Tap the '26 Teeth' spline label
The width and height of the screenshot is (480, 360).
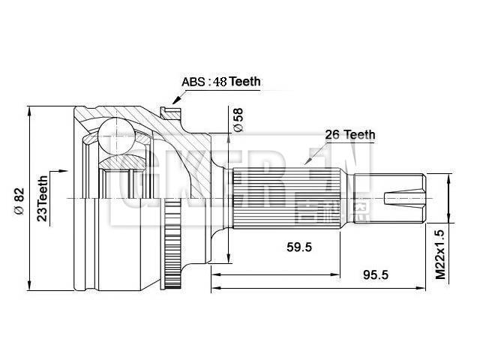[349, 135]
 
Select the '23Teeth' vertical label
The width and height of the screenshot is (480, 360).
[43, 196]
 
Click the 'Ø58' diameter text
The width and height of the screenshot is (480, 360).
[238, 120]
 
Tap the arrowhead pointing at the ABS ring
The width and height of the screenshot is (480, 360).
[175, 99]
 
